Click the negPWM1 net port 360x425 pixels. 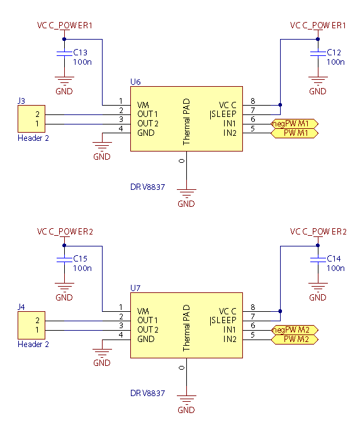pyautogui.click(x=295, y=124)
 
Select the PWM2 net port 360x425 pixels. pyautogui.click(x=295, y=339)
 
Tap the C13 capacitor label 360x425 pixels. pyautogui.click(x=81, y=52)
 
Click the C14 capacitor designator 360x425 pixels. pyautogui.click(x=334, y=258)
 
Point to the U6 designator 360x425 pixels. pyautogui.click(x=135, y=82)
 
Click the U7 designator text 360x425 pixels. pyautogui.click(x=135, y=288)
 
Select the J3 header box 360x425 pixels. pyautogui.click(x=31, y=119)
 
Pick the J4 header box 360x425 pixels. pyautogui.click(x=31, y=325)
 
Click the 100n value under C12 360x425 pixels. pyautogui.click(x=335, y=62)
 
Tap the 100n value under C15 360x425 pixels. pyautogui.click(x=82, y=268)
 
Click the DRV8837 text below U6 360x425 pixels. pyautogui.click(x=147, y=187)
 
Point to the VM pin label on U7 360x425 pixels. pyautogui.click(x=143, y=311)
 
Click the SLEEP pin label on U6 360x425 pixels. pyautogui.click(x=223, y=114)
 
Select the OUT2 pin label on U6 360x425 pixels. pyautogui.click(x=148, y=124)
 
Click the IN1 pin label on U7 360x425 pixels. pyautogui.click(x=230, y=329)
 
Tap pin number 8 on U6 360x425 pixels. pyautogui.click(x=253, y=101)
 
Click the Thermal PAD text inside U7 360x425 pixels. pyautogui.click(x=186, y=328)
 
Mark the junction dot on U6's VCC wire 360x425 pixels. pyautogui.click(x=280, y=105)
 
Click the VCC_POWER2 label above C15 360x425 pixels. pyautogui.click(x=65, y=232)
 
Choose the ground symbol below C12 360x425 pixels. pyautogui.click(x=318, y=80)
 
